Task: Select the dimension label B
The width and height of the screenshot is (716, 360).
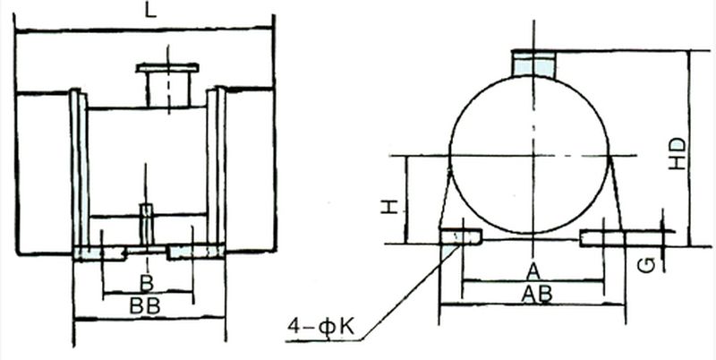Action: point(147,283)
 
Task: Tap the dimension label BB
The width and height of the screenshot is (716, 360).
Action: point(147,305)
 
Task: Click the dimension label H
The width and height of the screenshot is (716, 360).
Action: point(388,207)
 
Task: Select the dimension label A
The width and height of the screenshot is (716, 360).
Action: point(533,271)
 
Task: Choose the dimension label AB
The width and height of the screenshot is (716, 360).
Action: point(536,293)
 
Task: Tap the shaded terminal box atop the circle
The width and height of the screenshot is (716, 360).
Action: point(533,63)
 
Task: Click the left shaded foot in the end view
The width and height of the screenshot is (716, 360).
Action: point(460,236)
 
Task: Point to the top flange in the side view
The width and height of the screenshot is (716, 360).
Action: point(166,68)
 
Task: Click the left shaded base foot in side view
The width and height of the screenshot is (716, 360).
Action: point(100,253)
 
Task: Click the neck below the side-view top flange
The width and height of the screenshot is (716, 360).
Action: point(166,90)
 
